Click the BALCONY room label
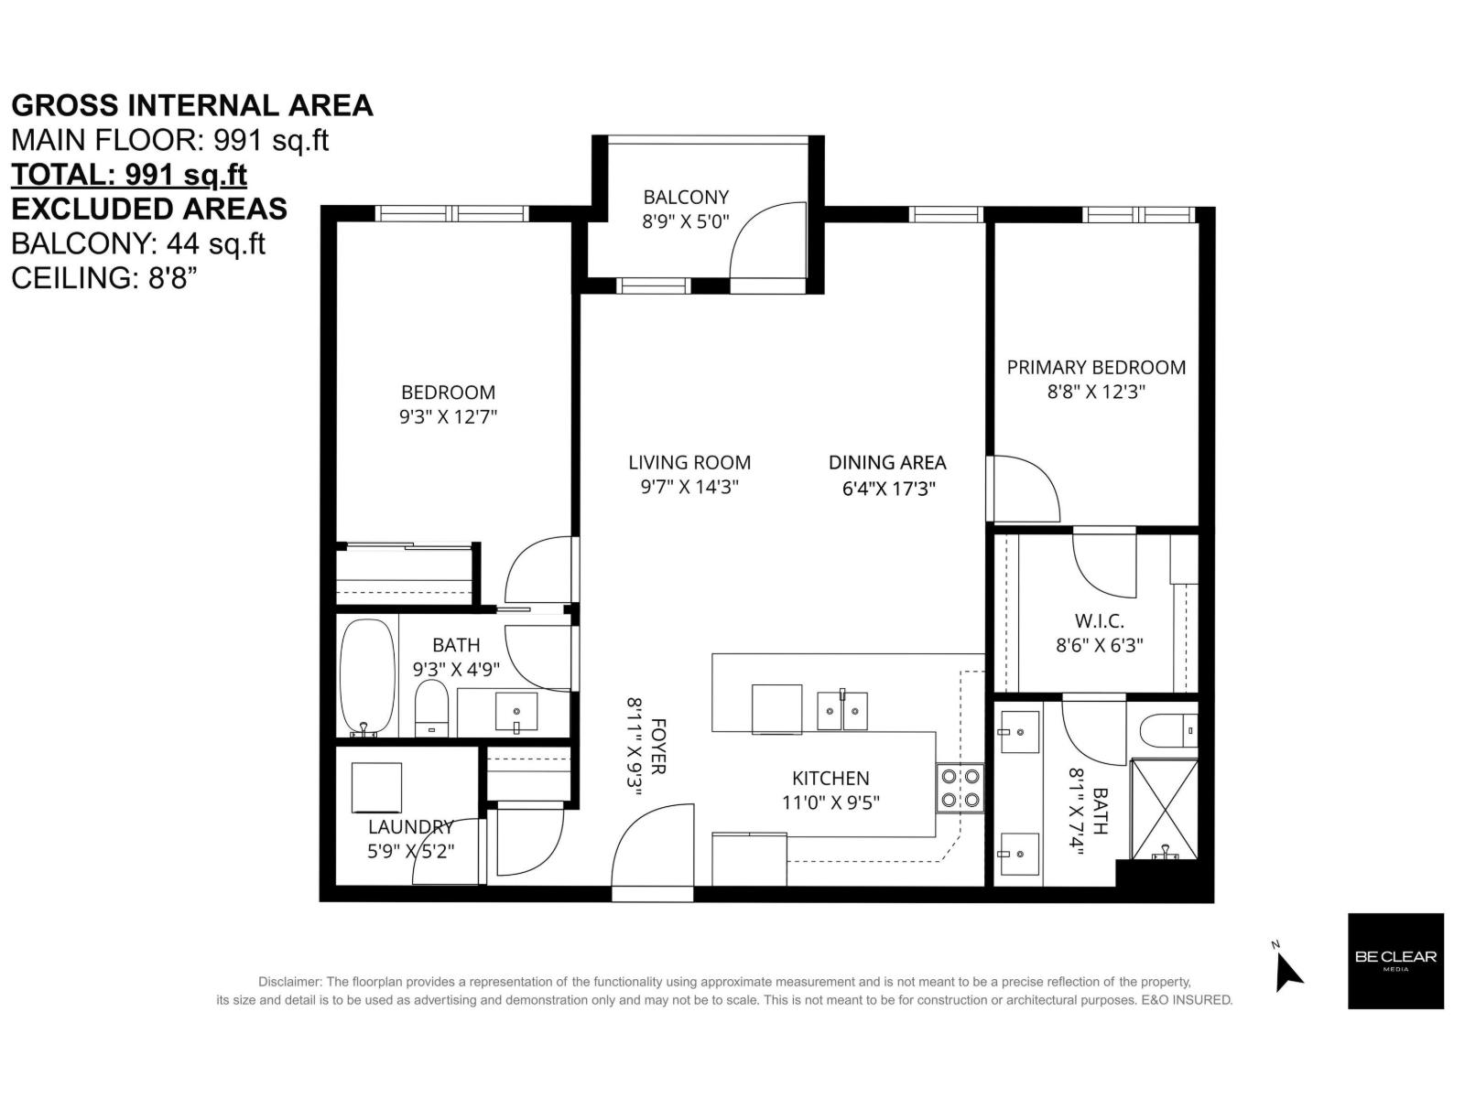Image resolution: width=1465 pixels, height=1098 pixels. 686,197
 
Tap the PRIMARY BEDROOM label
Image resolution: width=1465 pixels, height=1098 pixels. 1096,367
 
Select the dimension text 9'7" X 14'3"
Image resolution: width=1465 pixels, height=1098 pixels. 689,487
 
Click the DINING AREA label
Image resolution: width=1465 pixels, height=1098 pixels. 887,462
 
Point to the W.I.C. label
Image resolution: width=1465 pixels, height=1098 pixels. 1099,621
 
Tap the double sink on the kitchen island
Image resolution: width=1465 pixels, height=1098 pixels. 842,711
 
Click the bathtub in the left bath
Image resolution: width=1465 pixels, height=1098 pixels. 367,677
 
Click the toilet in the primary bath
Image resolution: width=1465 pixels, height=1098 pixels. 1168,729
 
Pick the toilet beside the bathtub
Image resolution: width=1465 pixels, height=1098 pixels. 430,708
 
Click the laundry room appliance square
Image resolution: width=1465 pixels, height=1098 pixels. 376,787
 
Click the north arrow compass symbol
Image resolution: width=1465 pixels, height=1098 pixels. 1287,972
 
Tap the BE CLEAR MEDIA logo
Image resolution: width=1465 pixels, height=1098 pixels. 1395,961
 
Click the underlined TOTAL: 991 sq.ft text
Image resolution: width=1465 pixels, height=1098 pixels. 129,174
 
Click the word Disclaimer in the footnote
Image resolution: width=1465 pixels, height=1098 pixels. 289,982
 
